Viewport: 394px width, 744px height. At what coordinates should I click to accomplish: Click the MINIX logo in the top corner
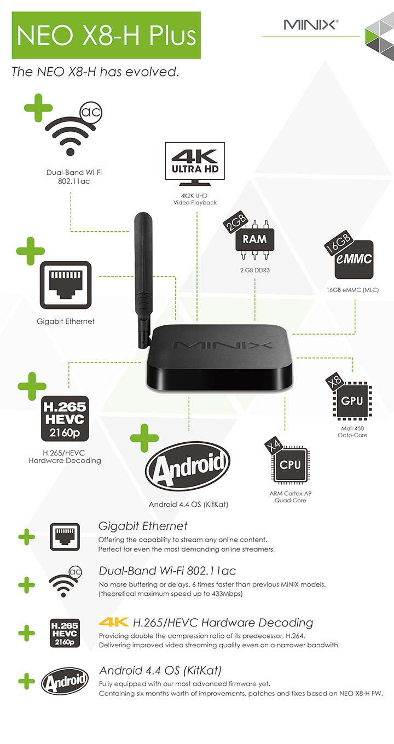(x=311, y=25)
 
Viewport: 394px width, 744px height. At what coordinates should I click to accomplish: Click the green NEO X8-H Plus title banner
(x=106, y=35)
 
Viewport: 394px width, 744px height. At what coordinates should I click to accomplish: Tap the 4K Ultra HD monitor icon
(x=195, y=164)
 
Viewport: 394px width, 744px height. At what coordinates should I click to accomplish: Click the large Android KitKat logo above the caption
(x=188, y=466)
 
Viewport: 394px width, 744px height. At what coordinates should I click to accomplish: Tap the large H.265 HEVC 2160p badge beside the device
(x=65, y=419)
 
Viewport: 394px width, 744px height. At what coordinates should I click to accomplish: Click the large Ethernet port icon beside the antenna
(x=66, y=285)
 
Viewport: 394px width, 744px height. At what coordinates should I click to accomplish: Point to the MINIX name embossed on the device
(x=222, y=345)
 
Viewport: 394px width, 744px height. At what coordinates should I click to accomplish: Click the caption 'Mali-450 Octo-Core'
(x=352, y=432)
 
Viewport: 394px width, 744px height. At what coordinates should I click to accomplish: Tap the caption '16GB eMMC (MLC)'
(x=352, y=290)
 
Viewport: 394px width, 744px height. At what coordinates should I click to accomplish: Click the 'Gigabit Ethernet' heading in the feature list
(x=143, y=526)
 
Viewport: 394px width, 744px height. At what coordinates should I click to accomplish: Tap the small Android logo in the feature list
(x=65, y=681)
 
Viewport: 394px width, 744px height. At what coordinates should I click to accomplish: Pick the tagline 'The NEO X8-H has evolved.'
(x=95, y=72)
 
